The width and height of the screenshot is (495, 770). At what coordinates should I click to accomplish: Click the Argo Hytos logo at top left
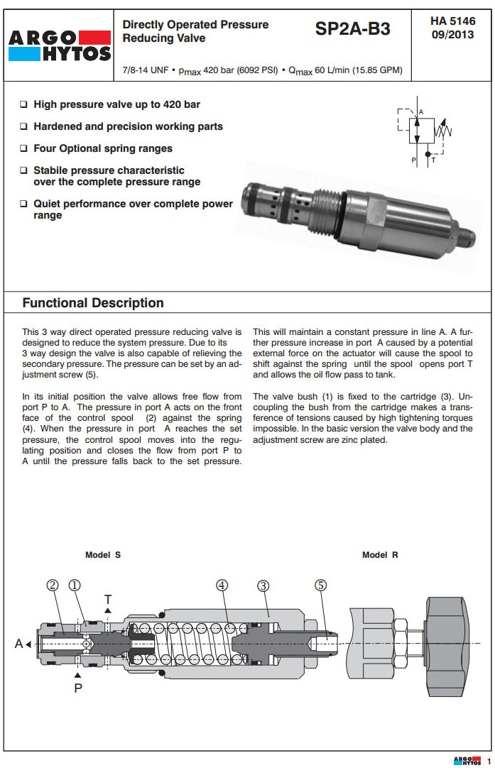coord(60,46)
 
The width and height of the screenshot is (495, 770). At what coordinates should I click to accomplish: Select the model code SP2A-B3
coord(353,29)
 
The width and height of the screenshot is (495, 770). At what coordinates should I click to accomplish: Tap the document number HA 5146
coord(452,21)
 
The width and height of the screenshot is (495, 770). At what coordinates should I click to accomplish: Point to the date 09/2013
coord(452,35)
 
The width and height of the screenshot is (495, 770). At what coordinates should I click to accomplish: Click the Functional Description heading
coord(93,303)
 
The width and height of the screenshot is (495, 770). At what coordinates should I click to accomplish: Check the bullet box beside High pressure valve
coord(24,105)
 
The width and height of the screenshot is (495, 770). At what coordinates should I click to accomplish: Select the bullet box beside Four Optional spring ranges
coord(24,149)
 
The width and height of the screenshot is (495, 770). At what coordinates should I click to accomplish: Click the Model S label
coord(103,555)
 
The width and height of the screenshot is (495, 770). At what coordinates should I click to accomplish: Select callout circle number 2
coord(53,585)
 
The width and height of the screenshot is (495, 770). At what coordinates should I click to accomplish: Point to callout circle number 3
coord(263,585)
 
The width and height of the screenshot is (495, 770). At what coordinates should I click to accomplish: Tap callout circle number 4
coord(222,585)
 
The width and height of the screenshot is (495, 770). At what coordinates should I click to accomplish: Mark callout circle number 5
coord(321,585)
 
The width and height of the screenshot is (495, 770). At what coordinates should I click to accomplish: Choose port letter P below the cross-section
coord(78,688)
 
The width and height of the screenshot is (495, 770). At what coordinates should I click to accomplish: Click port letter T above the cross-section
coord(108,598)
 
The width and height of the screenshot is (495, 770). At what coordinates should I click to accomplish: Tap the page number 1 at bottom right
coord(489,761)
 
